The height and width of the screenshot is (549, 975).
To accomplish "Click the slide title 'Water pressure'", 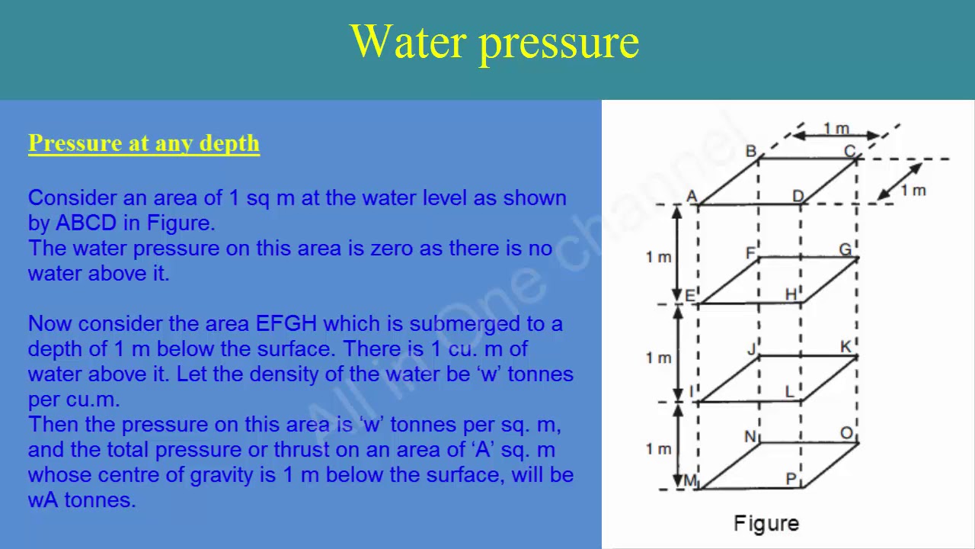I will click(494, 42).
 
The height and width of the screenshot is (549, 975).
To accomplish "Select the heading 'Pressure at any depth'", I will click(144, 143).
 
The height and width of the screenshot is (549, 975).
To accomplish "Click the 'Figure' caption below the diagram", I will click(766, 523).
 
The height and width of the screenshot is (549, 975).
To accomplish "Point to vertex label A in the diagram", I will click(692, 197).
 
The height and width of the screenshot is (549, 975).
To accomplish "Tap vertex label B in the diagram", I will click(750, 151).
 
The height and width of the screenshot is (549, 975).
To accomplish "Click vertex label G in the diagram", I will click(845, 249).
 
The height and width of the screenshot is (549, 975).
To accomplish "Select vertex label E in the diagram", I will click(690, 296).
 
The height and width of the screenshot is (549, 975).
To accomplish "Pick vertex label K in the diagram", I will click(846, 347).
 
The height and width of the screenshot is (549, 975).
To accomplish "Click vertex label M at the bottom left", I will click(690, 480).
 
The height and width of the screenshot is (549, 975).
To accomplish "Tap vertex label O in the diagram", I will click(846, 433).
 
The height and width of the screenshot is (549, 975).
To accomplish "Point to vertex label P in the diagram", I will click(791, 479).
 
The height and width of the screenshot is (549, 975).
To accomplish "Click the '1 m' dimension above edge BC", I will click(836, 129).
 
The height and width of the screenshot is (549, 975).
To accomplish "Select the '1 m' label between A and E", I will click(658, 257).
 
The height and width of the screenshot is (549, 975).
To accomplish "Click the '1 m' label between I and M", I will click(658, 449).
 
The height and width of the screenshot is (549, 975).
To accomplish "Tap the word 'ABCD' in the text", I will click(87, 223).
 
